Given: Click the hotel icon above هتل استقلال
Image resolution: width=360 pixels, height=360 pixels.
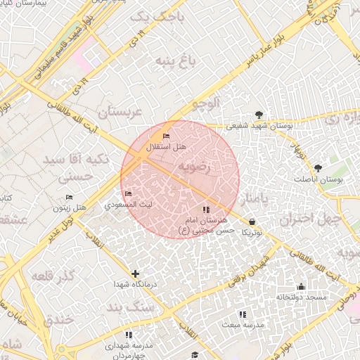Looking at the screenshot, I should (167, 136).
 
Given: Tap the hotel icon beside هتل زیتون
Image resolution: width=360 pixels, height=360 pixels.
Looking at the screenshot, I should (69, 198).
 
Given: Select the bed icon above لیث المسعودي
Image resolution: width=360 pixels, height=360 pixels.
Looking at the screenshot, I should (127, 193).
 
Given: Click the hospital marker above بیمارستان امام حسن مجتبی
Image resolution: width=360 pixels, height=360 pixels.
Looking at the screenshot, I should (205, 210).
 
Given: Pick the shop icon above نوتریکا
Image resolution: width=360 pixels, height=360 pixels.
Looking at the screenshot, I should (252, 221).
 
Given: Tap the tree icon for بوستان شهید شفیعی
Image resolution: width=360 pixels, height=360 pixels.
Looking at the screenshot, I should (260, 115).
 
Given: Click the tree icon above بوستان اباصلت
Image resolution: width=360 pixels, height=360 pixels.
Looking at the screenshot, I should (319, 168).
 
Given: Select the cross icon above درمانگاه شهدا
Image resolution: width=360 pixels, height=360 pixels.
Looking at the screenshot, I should (135, 274).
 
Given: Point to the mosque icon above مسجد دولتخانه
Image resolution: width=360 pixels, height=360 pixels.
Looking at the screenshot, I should (302, 286).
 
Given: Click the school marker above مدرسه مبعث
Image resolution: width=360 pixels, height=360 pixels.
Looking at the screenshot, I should (243, 314).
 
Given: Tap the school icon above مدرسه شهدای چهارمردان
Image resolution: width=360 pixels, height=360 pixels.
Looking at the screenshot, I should (128, 335).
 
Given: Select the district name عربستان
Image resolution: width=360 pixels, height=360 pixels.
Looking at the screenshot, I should (120, 112).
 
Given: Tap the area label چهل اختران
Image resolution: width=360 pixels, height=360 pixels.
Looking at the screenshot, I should (310, 219).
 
